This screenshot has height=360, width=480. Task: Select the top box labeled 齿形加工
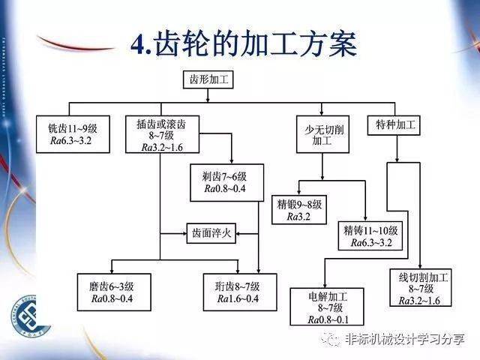pos(208,80)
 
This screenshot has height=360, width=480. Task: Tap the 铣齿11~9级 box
pos(73,134)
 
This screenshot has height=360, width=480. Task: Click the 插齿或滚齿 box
pos(162,134)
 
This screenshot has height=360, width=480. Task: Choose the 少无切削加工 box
pos(322,134)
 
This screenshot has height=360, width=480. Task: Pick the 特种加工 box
pos(394,125)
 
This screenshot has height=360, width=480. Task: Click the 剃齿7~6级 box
pos(226,183)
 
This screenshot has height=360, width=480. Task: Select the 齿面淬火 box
pos(211,233)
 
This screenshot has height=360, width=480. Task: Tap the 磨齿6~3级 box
pos(114,292)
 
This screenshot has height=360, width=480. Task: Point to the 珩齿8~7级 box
pos(240,292)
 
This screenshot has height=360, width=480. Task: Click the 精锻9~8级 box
pos(299,210)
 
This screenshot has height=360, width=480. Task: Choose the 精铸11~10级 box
pos(370,235)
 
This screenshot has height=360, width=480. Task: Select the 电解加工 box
pos(327,307)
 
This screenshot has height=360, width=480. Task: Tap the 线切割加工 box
pos(421,287)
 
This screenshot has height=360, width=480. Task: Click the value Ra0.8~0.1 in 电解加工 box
pos(328,320)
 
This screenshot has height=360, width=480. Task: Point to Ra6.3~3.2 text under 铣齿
pos(71,140)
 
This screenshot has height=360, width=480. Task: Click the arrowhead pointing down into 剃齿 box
pos(232,161)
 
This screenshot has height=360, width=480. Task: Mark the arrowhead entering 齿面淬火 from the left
pos(184,233)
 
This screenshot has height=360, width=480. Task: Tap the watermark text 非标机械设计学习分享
pos(405,339)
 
